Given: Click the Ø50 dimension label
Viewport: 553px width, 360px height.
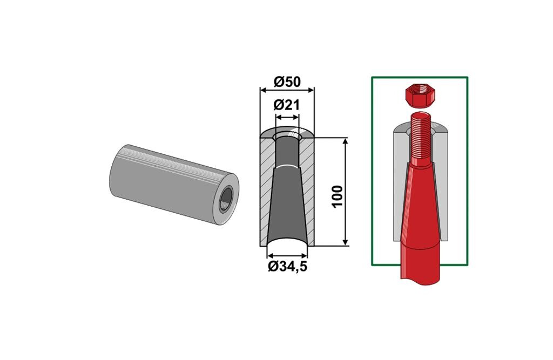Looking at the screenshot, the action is [x=287, y=82].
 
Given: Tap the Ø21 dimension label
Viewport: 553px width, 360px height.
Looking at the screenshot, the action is [x=286, y=105].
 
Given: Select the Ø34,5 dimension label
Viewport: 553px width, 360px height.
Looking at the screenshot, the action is [x=287, y=267].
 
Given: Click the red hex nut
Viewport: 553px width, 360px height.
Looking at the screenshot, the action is [x=420, y=96].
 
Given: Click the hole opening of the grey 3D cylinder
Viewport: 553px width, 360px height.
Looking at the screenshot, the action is [x=226, y=199].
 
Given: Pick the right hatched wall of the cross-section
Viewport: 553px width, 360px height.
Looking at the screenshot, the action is [x=307, y=191].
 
